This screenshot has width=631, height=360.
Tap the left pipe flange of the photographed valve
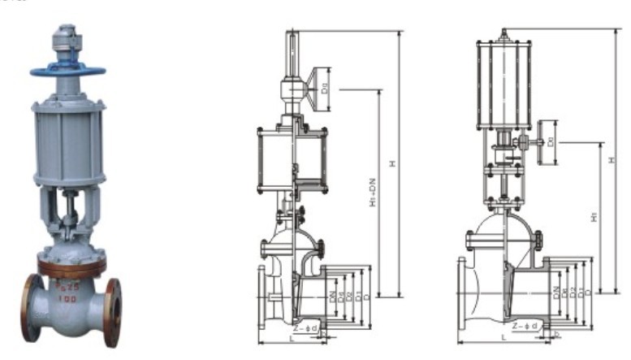[x=32, y=306]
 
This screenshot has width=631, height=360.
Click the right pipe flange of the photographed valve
[x=113, y=308]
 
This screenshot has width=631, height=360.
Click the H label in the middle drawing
[x=391, y=163]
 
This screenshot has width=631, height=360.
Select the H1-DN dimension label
[x=372, y=195]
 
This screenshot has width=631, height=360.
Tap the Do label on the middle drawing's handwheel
[x=324, y=81]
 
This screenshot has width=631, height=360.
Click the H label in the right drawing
[x=612, y=160]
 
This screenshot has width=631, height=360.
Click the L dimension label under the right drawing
[x=504, y=336]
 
